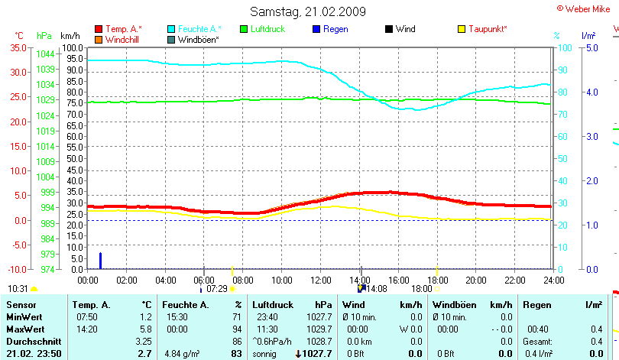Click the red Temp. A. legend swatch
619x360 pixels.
99,29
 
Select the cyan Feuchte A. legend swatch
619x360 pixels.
171,29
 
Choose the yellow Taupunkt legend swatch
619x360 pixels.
462,29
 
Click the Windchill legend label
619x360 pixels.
122,38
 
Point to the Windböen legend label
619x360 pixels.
199,38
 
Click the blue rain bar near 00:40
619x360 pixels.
100,261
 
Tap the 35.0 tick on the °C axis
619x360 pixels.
18,47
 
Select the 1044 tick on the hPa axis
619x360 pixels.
45,54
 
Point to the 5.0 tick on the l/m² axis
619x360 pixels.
591,47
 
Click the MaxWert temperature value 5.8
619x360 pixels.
146,328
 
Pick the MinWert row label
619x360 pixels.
24,316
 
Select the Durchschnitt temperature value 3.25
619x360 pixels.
143,340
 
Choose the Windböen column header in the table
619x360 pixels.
455,305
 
